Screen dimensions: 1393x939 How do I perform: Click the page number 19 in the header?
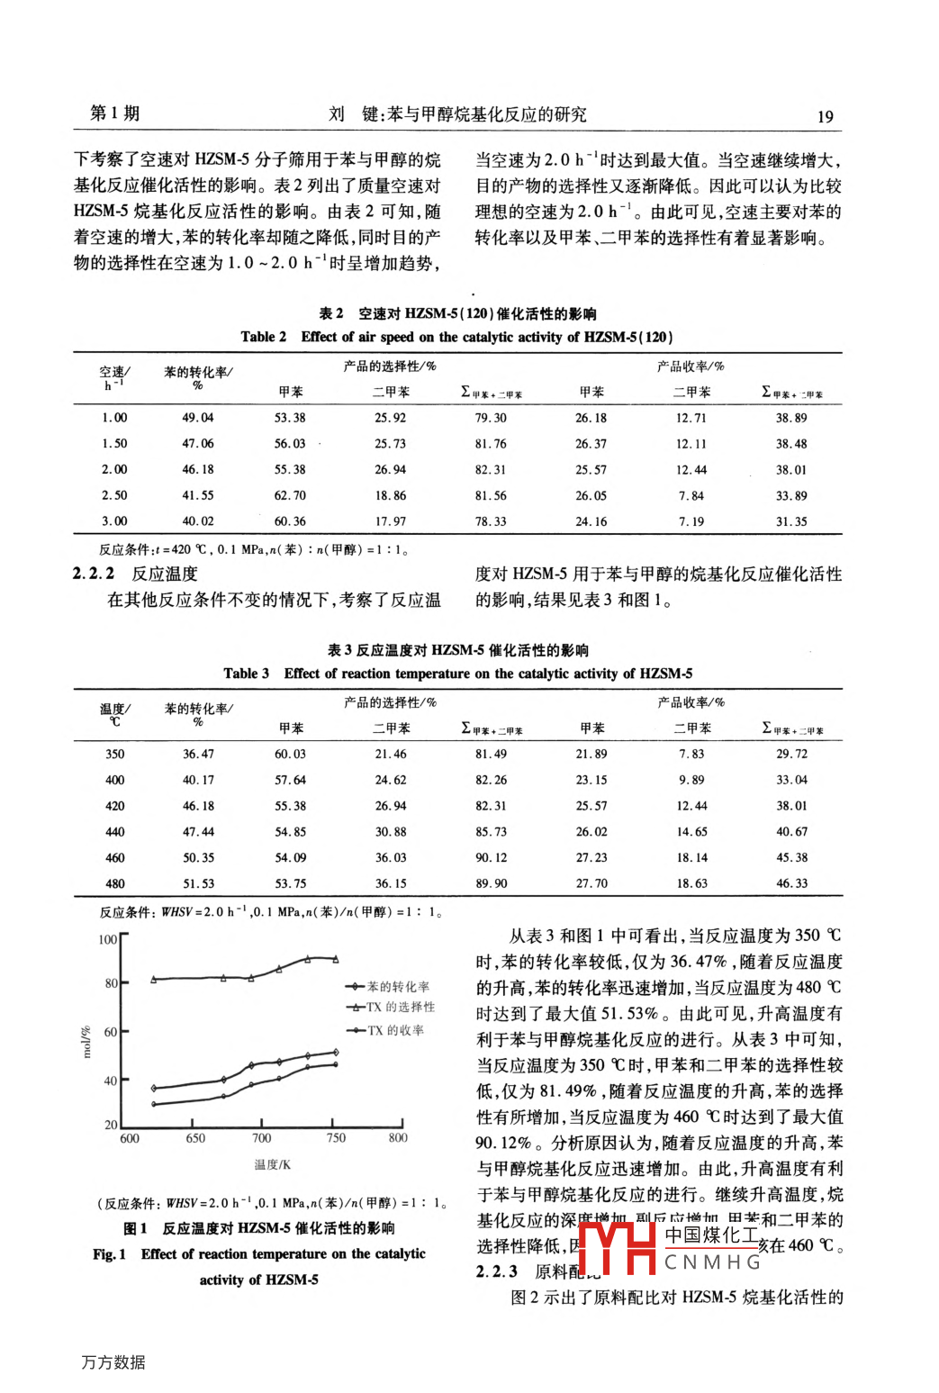(x=825, y=116)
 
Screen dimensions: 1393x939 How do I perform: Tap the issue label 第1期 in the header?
(x=115, y=113)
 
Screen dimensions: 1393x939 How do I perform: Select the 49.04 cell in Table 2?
(x=198, y=418)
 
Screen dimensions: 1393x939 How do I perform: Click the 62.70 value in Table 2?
(x=290, y=495)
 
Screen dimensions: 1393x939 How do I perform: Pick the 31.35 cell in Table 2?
(x=791, y=521)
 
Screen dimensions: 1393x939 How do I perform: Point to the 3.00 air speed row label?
(x=114, y=521)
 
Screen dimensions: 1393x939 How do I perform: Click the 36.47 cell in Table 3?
(x=198, y=755)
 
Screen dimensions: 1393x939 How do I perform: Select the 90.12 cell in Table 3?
(x=491, y=858)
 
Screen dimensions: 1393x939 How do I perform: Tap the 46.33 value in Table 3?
(x=791, y=884)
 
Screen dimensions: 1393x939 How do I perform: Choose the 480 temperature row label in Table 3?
(x=115, y=884)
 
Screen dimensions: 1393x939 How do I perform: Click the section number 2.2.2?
(x=94, y=574)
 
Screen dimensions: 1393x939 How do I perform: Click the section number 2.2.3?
(x=496, y=1271)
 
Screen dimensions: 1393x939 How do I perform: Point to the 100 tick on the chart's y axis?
(x=107, y=939)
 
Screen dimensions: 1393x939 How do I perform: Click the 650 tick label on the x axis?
(x=195, y=1138)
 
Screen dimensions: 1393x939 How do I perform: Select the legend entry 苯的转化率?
(x=398, y=987)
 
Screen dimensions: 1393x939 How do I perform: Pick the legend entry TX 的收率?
(x=395, y=1030)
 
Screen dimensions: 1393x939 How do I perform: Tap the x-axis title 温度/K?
(x=272, y=1164)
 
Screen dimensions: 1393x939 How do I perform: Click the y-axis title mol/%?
(x=87, y=1041)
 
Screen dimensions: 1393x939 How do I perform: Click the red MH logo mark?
(x=618, y=1248)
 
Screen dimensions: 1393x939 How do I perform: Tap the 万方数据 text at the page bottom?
(x=113, y=1362)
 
